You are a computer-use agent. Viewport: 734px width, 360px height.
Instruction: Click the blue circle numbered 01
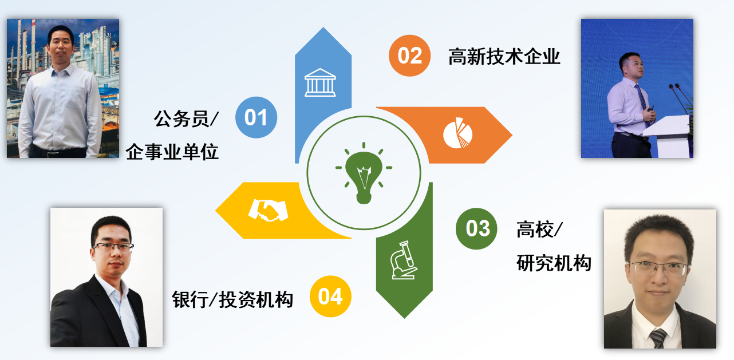point(256,117)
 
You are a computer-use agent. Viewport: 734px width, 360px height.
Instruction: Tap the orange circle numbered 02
point(409,56)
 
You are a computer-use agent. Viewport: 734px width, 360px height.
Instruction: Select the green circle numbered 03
point(476,228)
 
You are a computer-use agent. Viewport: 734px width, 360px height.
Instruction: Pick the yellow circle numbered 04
point(330,296)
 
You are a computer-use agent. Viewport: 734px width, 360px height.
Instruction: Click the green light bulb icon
point(364,173)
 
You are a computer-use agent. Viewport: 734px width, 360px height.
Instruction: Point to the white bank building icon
point(320,82)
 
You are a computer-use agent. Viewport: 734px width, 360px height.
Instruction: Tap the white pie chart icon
point(458,133)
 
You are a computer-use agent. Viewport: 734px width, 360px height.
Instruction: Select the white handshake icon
point(268,210)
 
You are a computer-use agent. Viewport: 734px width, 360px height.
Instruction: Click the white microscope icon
point(404,260)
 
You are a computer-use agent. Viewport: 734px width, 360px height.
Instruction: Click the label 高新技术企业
point(504,56)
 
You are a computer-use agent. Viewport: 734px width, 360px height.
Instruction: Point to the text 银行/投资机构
point(232,299)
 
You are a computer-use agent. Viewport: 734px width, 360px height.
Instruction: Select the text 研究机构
point(554,263)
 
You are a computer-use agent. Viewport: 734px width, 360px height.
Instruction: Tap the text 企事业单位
point(172,152)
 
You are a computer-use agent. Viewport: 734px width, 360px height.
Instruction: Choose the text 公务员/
point(186,118)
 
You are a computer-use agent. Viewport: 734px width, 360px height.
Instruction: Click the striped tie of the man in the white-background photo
point(658,338)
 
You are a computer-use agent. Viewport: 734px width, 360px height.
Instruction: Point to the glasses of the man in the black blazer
point(113,247)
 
